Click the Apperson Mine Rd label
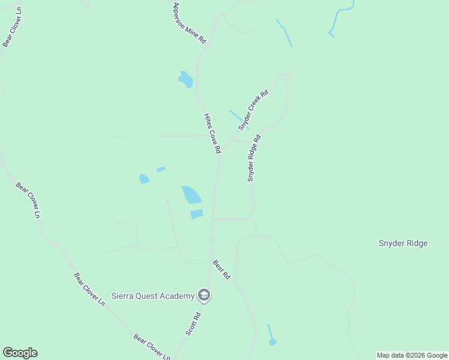pyautogui.click(x=190, y=23)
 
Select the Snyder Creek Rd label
pyautogui.click(x=253, y=110)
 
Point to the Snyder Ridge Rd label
pyautogui.click(x=255, y=158)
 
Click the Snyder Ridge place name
pyautogui.click(x=403, y=243)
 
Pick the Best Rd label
pyautogui.click(x=221, y=270)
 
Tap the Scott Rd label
pyautogui.click(x=193, y=323)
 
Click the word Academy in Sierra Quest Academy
pyautogui.click(x=177, y=296)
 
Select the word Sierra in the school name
pyautogui.click(x=124, y=296)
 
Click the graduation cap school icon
pyautogui.click(x=204, y=295)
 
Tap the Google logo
pyautogui.click(x=20, y=353)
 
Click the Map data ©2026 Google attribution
pyautogui.click(x=412, y=355)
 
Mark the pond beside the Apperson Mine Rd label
pyautogui.click(x=185, y=79)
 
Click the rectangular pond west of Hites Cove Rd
pyautogui.click(x=196, y=214)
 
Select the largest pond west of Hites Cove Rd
pyautogui.click(x=191, y=194)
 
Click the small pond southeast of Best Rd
pyautogui.click(x=273, y=342)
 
